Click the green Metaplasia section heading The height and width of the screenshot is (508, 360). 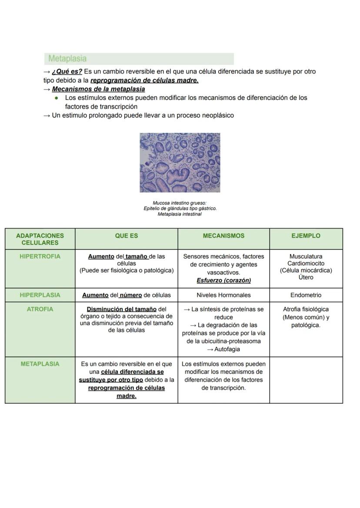click(x=67, y=59)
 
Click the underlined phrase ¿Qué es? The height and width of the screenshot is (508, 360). click(x=67, y=71)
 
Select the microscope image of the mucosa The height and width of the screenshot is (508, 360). click(x=180, y=163)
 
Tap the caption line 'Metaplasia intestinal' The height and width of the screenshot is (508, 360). click(x=180, y=214)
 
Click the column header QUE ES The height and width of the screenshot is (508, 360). click(x=127, y=236)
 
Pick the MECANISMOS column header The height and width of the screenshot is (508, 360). click(x=223, y=236)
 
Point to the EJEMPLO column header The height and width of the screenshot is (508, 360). click(x=306, y=236)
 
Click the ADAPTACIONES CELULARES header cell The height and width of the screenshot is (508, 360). click(x=40, y=239)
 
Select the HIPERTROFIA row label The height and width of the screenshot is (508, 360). click(x=40, y=256)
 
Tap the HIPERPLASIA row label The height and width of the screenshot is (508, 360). click(x=40, y=295)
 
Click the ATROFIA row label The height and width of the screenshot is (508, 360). click(x=40, y=309)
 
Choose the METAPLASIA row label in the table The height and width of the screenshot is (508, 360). click(x=40, y=364)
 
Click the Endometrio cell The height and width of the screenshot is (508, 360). click(x=306, y=295)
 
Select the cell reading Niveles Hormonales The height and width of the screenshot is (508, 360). click(x=223, y=295)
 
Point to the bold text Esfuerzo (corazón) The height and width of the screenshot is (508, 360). click(x=223, y=280)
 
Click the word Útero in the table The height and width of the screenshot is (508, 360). click(x=306, y=277)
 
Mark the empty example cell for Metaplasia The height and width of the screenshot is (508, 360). click(x=306, y=380)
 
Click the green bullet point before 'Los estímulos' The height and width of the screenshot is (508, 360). click(x=57, y=98)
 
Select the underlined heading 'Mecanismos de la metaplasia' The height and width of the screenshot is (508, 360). click(x=98, y=89)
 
